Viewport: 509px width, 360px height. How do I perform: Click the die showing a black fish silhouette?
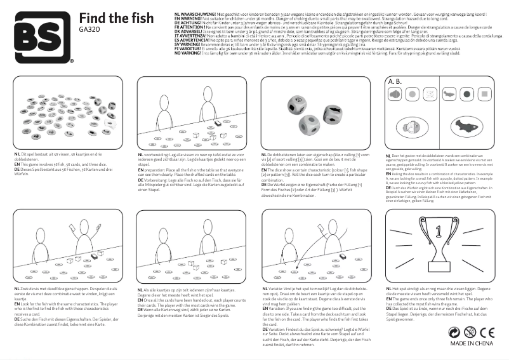coord(334,115)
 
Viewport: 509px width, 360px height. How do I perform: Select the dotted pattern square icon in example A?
coord(431,94)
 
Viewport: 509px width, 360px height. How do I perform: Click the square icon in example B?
coord(486,94)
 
